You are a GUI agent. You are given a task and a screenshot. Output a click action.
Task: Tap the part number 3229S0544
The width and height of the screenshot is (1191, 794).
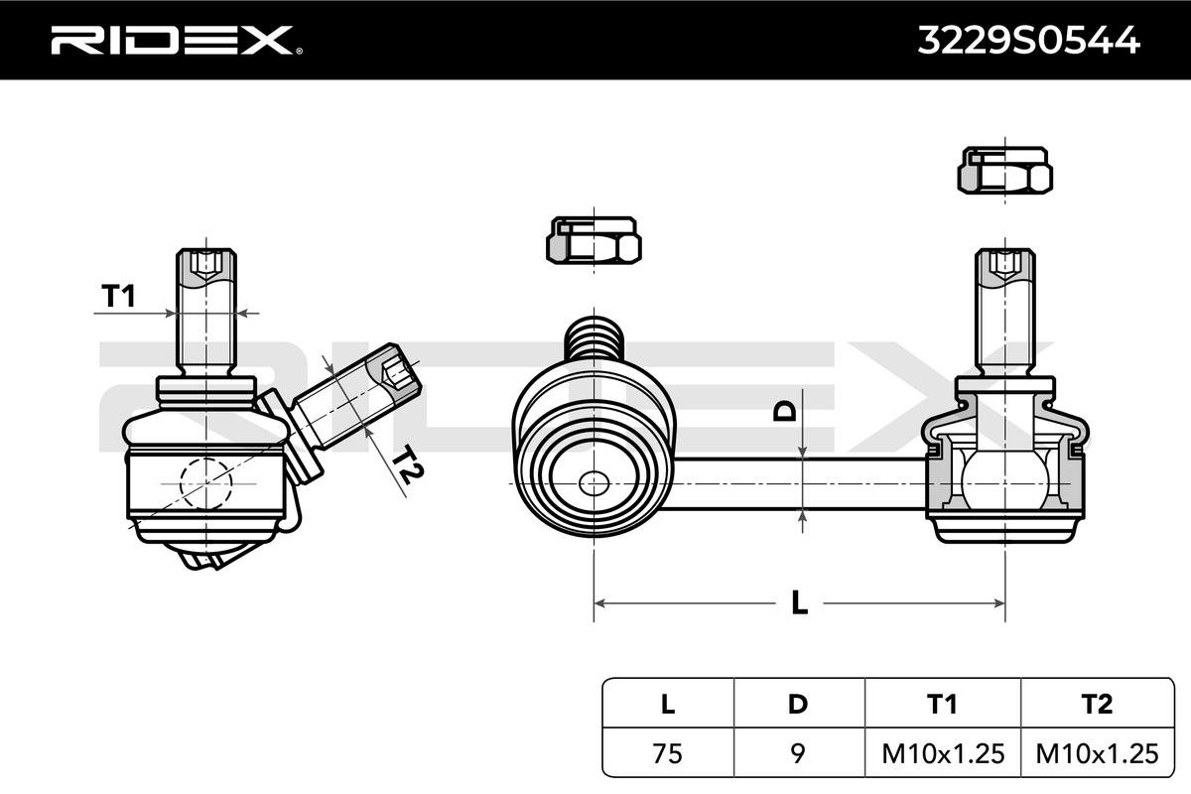[x=1026, y=40]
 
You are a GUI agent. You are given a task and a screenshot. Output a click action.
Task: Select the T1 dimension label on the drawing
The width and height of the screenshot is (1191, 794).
[x=118, y=295]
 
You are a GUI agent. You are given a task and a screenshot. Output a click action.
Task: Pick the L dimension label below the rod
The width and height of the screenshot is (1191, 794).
[x=799, y=602]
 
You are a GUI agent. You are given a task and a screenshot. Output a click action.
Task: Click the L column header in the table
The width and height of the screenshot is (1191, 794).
[x=667, y=705]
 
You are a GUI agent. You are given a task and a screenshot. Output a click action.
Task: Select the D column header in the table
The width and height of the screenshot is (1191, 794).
[x=798, y=705]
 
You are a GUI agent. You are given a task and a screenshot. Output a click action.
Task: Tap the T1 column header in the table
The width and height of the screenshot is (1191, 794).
[x=942, y=705]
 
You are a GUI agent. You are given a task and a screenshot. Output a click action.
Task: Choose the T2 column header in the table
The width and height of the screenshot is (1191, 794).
[x=1097, y=705]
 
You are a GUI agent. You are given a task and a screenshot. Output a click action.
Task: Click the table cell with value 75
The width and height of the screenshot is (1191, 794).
[x=667, y=753]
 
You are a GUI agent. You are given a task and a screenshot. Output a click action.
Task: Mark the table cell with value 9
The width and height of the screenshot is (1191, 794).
[x=798, y=753]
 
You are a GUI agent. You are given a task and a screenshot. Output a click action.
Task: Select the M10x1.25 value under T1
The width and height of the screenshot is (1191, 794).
[x=942, y=753]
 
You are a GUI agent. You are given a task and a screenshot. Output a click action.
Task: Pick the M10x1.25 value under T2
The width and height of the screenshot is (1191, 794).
[x=1097, y=753]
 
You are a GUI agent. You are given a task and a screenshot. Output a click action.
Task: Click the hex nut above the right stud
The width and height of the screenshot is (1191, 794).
[x=1004, y=170]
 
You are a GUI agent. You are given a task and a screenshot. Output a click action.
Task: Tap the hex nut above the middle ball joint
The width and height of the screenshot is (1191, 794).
[x=593, y=239]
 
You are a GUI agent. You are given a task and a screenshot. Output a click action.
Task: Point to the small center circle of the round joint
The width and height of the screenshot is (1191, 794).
[x=594, y=483]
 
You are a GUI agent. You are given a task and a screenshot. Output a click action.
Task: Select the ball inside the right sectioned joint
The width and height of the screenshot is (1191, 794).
[x=1003, y=476]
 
